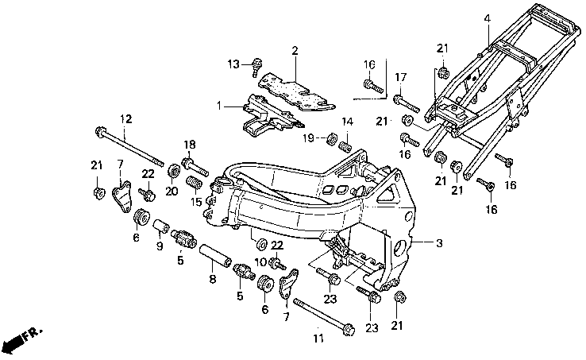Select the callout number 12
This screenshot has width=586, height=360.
pos(126,119)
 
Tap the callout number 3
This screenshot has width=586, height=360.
pos(439,243)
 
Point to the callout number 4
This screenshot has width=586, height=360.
pos(487,18)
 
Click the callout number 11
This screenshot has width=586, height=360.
pos(318,339)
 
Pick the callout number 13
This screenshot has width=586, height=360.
pos(233,64)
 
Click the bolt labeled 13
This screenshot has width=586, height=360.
pos(256,67)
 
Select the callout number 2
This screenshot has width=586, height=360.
pos(295,51)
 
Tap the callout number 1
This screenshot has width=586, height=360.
pos(219,106)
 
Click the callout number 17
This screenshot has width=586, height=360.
pos(401,78)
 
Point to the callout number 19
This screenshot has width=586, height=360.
pos(308,138)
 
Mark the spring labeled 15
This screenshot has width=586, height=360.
pos(195,183)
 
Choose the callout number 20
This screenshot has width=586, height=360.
pos(172,192)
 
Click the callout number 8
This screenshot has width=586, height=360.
pos(212,279)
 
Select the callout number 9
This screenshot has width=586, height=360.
pos(160,246)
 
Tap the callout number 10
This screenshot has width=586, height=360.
pos(261,261)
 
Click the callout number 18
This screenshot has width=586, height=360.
pos(190,145)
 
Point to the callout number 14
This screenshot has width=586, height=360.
pos(347,122)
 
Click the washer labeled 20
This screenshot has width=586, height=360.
pos(174,172)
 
